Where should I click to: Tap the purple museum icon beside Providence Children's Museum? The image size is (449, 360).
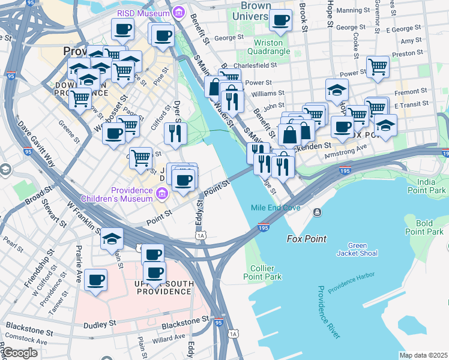click(161, 193)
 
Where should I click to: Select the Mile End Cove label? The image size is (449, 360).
click(275, 208)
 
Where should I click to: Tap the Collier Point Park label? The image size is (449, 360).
click(262, 272)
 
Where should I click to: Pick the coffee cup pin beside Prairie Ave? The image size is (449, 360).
click(95, 280)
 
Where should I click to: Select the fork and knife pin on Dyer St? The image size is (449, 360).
click(175, 133)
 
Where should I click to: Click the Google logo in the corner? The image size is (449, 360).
click(19, 353)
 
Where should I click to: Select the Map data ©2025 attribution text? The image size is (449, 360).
click(423, 355)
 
